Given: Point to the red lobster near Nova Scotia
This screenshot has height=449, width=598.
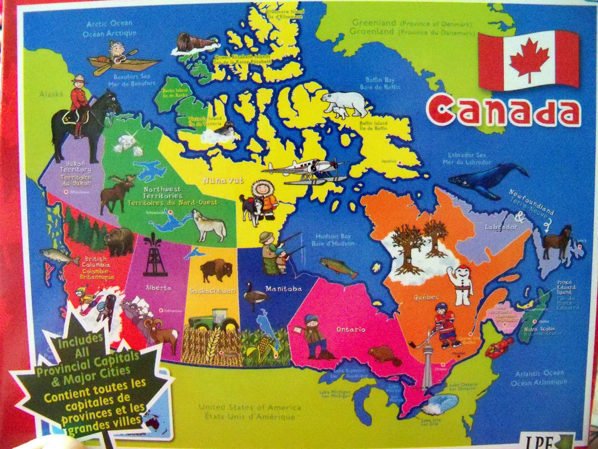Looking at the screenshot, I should coord(498,347).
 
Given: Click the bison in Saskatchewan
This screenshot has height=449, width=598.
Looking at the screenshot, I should coord(216,270).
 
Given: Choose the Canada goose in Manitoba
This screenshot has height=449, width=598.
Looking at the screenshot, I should coord(256,296).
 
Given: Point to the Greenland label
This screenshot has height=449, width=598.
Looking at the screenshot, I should coord(374,22).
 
